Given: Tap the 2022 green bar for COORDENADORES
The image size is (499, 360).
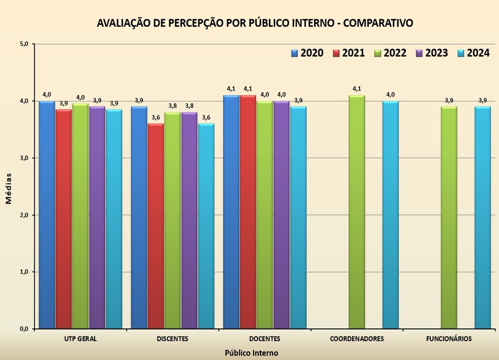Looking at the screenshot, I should pyautogui.click(x=357, y=212).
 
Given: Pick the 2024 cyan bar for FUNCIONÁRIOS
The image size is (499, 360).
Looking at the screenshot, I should pyautogui.click(x=483, y=217).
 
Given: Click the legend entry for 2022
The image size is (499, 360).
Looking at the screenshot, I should pyautogui.click(x=390, y=53).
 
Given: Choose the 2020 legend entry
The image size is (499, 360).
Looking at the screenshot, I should pyautogui.click(x=307, y=53).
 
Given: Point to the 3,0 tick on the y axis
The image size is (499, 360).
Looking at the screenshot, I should pyautogui.click(x=24, y=158).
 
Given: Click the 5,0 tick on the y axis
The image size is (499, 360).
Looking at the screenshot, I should pyautogui.click(x=24, y=44).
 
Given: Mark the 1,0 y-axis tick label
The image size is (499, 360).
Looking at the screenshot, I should pyautogui.click(x=24, y=272).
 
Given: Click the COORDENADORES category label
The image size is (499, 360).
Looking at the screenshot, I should pyautogui.click(x=357, y=339).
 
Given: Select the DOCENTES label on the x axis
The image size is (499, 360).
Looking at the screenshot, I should pyautogui.click(x=264, y=339).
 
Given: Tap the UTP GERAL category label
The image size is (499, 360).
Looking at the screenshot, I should pyautogui.click(x=80, y=339).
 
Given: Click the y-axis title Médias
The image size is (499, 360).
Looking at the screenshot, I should pyautogui.click(x=9, y=188).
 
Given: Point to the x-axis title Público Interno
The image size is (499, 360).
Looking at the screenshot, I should pyautogui.click(x=251, y=353).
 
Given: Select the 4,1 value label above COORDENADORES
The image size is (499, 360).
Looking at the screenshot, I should pyautogui.click(x=357, y=89).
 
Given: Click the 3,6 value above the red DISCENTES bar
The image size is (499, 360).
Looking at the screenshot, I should pyautogui.click(x=156, y=118).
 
